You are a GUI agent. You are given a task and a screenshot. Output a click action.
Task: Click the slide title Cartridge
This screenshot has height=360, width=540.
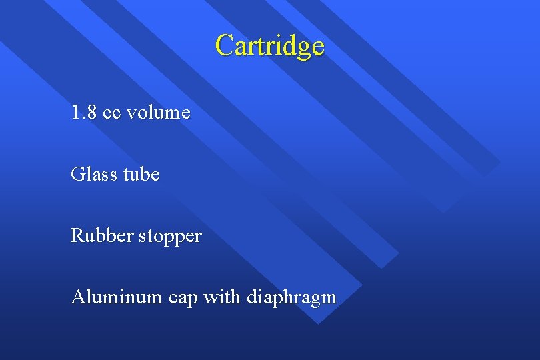270,45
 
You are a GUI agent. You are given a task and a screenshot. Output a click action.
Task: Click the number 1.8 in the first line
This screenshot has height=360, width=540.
84,112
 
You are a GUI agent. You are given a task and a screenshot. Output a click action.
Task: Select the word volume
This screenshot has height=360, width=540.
159,112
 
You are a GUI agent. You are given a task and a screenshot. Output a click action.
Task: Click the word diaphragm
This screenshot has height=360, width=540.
291,298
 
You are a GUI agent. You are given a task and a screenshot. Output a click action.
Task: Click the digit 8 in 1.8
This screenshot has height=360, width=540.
91,112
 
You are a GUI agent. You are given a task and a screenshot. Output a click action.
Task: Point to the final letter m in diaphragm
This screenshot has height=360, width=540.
329,298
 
